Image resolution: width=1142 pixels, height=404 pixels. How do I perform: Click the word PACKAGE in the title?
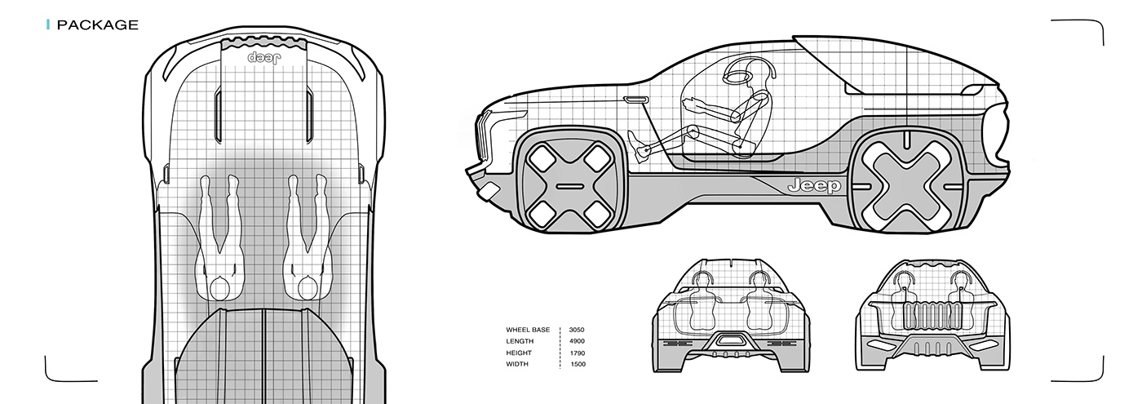click(x=98, y=25)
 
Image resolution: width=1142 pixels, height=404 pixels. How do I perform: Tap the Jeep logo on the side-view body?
click(x=814, y=187)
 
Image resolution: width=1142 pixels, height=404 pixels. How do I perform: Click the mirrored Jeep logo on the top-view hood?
click(x=264, y=60)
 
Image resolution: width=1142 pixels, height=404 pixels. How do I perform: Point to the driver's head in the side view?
click(x=737, y=77)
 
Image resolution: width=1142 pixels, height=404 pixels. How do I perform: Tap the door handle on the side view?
click(x=637, y=100)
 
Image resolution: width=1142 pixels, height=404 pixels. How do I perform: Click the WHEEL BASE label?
click(x=528, y=330)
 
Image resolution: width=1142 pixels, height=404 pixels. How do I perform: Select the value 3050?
click(x=576, y=330)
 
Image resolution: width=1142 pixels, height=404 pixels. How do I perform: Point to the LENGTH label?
click(x=520, y=341)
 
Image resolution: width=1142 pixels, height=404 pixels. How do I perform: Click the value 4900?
click(x=576, y=341)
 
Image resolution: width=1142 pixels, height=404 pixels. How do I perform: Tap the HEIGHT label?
click(x=519, y=353)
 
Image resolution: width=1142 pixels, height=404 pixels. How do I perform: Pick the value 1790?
click(x=576, y=353)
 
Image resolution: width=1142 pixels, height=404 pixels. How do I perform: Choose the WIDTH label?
click(x=517, y=364)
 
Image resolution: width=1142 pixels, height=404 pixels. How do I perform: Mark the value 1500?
click(x=576, y=364)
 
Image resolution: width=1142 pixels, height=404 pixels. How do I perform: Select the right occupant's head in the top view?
click(x=308, y=287)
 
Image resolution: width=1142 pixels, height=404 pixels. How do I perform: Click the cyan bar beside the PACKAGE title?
click(x=49, y=25)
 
